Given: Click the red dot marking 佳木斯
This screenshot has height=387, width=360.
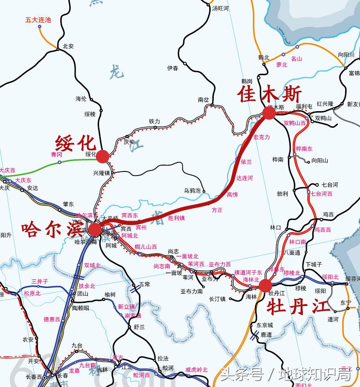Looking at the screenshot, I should [269, 113].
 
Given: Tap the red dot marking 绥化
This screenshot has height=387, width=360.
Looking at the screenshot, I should [103, 156].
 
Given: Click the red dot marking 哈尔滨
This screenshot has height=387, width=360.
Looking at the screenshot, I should [95, 230].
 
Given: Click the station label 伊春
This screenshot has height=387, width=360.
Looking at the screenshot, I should [172, 68].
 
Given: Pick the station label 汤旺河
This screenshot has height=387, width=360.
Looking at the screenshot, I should [221, 9].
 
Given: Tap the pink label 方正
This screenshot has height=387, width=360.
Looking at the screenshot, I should [217, 210].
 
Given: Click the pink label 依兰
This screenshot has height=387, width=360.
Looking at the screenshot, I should [247, 161].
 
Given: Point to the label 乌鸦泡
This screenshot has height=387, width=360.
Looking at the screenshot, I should [192, 191].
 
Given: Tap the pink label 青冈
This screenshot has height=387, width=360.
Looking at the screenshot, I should [56, 154].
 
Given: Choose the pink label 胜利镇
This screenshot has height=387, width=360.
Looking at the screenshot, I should [176, 218].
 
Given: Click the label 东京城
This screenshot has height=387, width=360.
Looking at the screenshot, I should [265, 325].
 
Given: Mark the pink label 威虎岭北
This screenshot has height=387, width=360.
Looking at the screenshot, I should [197, 369].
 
